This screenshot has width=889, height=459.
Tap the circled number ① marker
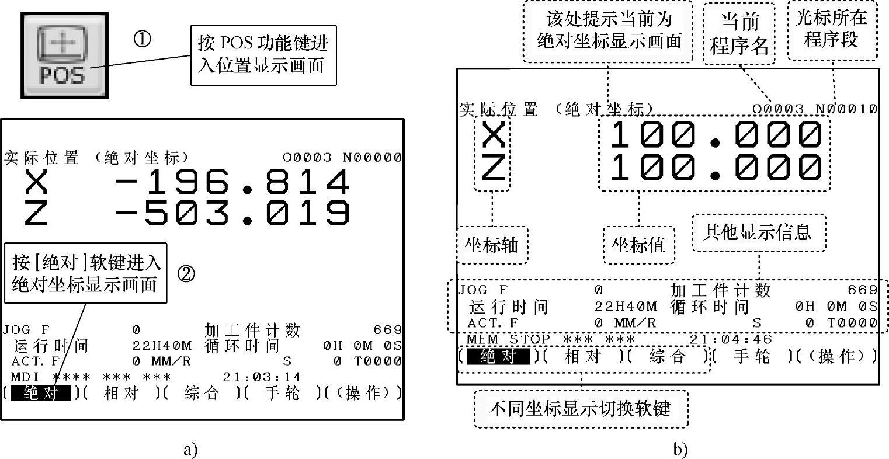pyautogui.click(x=143, y=40)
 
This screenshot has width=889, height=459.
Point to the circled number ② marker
pyautogui.click(x=186, y=274)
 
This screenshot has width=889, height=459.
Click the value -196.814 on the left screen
pyautogui.click(x=232, y=182)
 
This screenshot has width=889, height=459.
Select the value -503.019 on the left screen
pyautogui.click(x=232, y=213)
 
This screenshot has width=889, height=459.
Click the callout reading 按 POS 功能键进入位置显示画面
pyautogui.click(x=263, y=54)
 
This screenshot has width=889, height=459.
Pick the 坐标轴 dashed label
pyautogui.click(x=491, y=245)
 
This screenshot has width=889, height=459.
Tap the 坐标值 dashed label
pyautogui.click(x=638, y=245)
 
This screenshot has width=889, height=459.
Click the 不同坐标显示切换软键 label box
pyautogui.click(x=580, y=408)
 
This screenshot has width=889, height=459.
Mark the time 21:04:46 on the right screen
pyautogui.click(x=730, y=339)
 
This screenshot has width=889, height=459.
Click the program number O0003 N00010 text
pyautogui.click(x=814, y=109)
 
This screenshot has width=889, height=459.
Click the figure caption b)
pyautogui.click(x=680, y=450)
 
